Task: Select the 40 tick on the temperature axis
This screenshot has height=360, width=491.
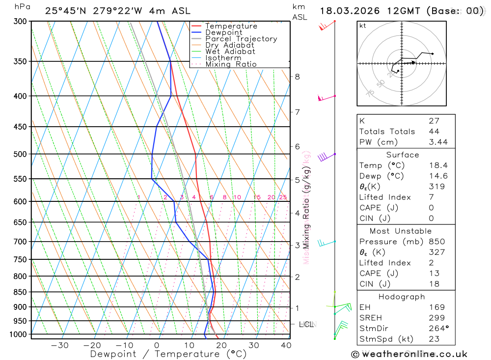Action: (286, 345)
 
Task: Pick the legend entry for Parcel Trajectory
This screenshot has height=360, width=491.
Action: (241, 39)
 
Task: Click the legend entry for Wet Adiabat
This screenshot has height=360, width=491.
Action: (230, 52)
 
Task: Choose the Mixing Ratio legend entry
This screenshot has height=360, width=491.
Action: (231, 64)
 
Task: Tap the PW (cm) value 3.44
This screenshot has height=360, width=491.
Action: (438, 142)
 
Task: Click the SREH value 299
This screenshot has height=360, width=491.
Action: (436, 318)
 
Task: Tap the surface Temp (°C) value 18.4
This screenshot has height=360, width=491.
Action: (438, 166)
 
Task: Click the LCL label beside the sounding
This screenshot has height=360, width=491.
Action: (306, 324)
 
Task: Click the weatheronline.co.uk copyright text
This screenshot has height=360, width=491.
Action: (409, 354)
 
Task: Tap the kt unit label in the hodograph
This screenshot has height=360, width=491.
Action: (363, 26)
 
